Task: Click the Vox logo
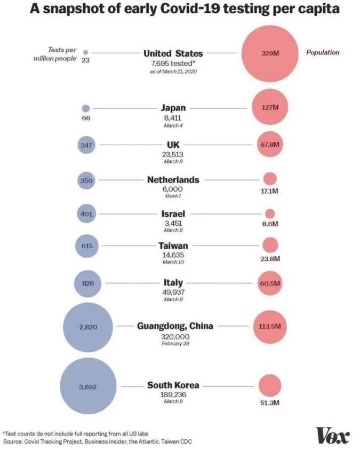(332, 436)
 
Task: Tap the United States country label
(173, 53)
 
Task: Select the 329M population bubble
(270, 53)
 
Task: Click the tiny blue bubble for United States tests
(85, 52)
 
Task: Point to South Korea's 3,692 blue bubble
(89, 386)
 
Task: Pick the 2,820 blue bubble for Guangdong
(88, 327)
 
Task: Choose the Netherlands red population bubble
(270, 179)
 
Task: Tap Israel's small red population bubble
(270, 214)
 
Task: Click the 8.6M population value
(270, 224)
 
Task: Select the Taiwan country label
(173, 246)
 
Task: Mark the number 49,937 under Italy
(173, 292)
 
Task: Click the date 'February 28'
(175, 344)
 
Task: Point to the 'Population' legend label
(323, 52)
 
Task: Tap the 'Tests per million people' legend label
(55, 54)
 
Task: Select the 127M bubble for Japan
(270, 107)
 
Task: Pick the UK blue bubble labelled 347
(86, 145)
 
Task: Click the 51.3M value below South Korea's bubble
(270, 402)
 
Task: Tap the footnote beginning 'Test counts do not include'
(75, 433)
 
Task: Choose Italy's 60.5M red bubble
(270, 283)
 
